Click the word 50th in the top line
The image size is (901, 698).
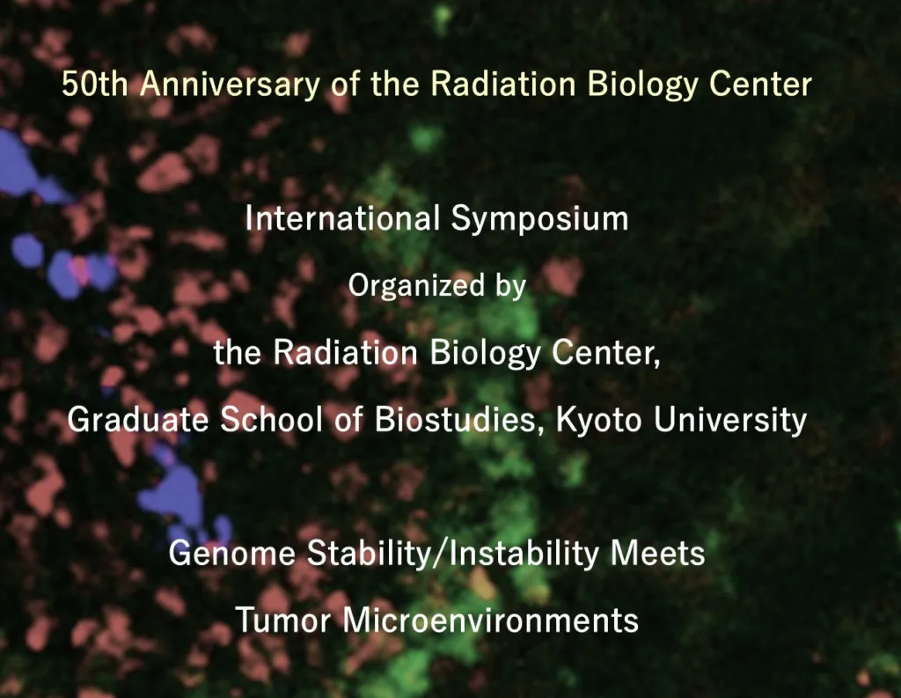click(95, 84)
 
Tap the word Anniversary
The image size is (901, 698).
click(230, 85)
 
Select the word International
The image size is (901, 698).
click(342, 218)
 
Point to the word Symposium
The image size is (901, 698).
click(539, 220)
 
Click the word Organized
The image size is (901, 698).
click(416, 286)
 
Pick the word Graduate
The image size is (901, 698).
click(137, 419)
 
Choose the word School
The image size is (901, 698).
click(271, 419)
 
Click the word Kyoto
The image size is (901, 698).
click(598, 420)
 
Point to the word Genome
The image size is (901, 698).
click(231, 553)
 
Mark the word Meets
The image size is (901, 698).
click(657, 553)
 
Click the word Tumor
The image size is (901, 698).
click(283, 621)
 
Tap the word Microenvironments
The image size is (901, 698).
click(491, 621)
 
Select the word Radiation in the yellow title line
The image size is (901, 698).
click(502, 84)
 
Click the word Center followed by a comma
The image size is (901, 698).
click(605, 353)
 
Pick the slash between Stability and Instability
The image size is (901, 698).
click(441, 554)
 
